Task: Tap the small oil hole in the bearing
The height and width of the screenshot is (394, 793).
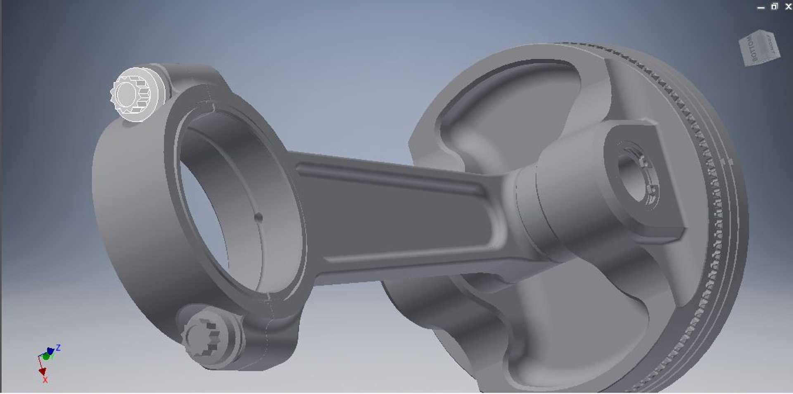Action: [x=259, y=217]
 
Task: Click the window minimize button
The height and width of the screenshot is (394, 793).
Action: [x=761, y=7]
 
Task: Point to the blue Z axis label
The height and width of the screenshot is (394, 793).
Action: [x=58, y=348]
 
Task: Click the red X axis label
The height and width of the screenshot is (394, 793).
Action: [x=45, y=380]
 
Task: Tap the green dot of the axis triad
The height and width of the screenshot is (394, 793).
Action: [x=46, y=356]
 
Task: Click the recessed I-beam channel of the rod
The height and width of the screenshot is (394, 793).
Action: [x=396, y=215]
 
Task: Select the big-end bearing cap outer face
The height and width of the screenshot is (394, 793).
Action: [x=124, y=215]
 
